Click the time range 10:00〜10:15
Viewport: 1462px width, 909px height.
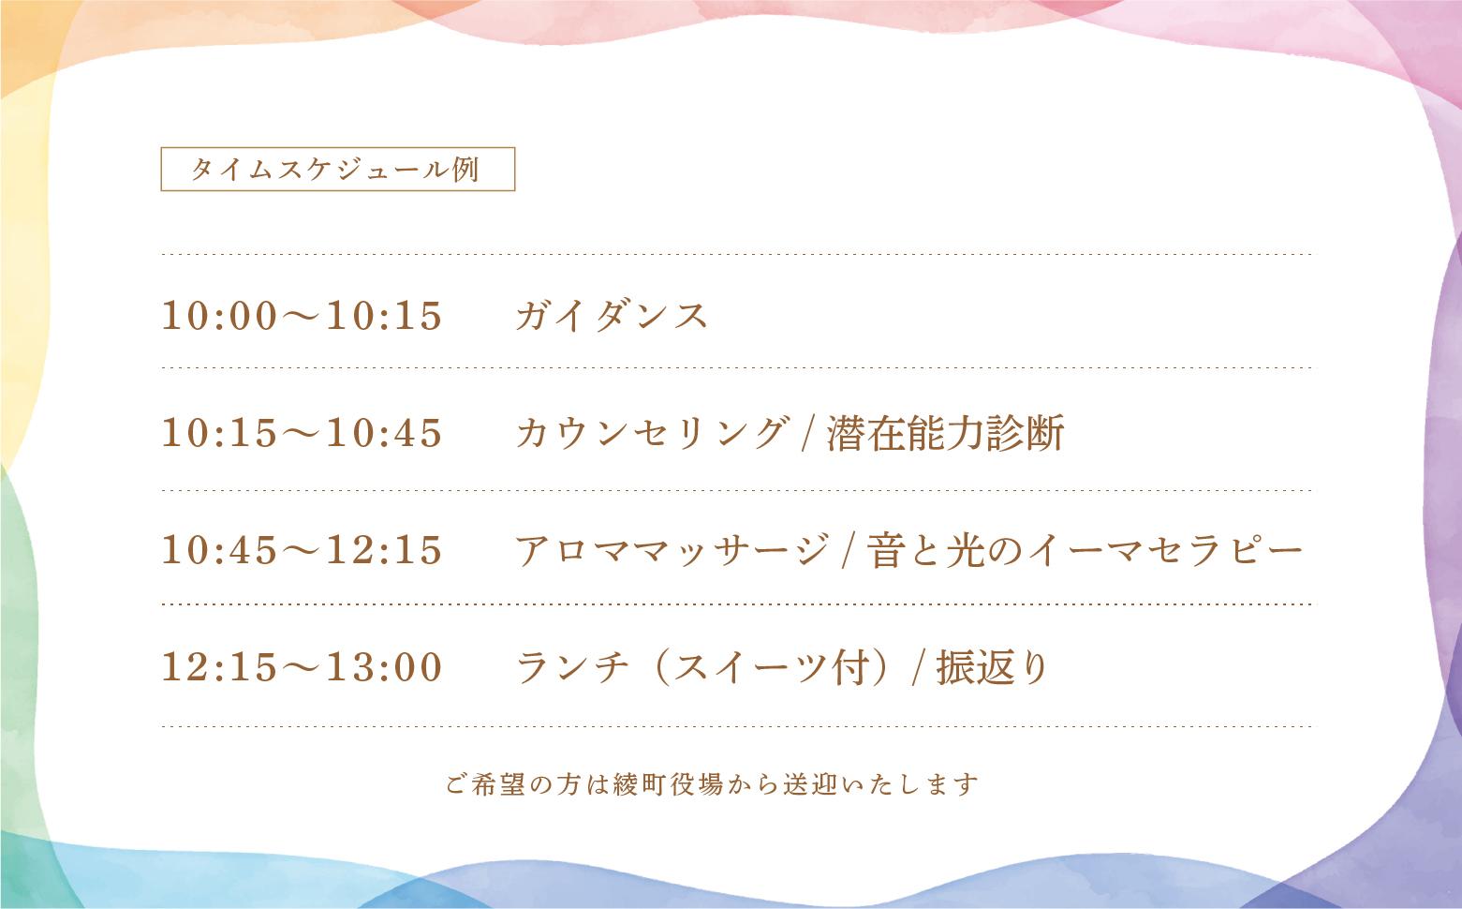302,316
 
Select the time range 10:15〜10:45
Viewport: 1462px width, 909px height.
302,433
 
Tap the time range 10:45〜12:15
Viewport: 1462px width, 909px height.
302,550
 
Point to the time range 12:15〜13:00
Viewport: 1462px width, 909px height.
302,666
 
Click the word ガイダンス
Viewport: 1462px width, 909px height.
613,316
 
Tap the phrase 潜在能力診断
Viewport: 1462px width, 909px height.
946,433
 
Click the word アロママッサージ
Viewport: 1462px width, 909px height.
672,550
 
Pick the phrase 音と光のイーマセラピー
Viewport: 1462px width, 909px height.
1085,550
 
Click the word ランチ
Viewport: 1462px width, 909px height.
572,667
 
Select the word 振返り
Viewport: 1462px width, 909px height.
992,667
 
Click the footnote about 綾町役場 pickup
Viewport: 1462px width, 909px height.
713,784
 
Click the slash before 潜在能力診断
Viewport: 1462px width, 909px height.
808,433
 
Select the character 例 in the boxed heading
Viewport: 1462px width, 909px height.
466,169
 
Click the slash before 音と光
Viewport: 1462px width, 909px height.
849,550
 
